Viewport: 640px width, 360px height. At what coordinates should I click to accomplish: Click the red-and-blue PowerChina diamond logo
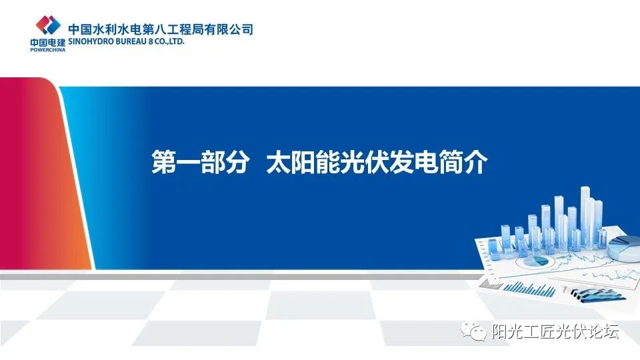tap(47, 25)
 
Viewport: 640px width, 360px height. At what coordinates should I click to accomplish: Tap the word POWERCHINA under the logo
tap(47, 49)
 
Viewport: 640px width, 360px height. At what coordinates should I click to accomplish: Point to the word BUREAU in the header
tap(129, 41)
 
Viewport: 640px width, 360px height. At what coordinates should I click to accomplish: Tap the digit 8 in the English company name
tap(149, 41)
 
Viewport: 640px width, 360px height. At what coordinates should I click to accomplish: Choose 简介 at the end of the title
tap(464, 163)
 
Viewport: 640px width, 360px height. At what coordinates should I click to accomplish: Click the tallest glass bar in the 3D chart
tap(585, 213)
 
